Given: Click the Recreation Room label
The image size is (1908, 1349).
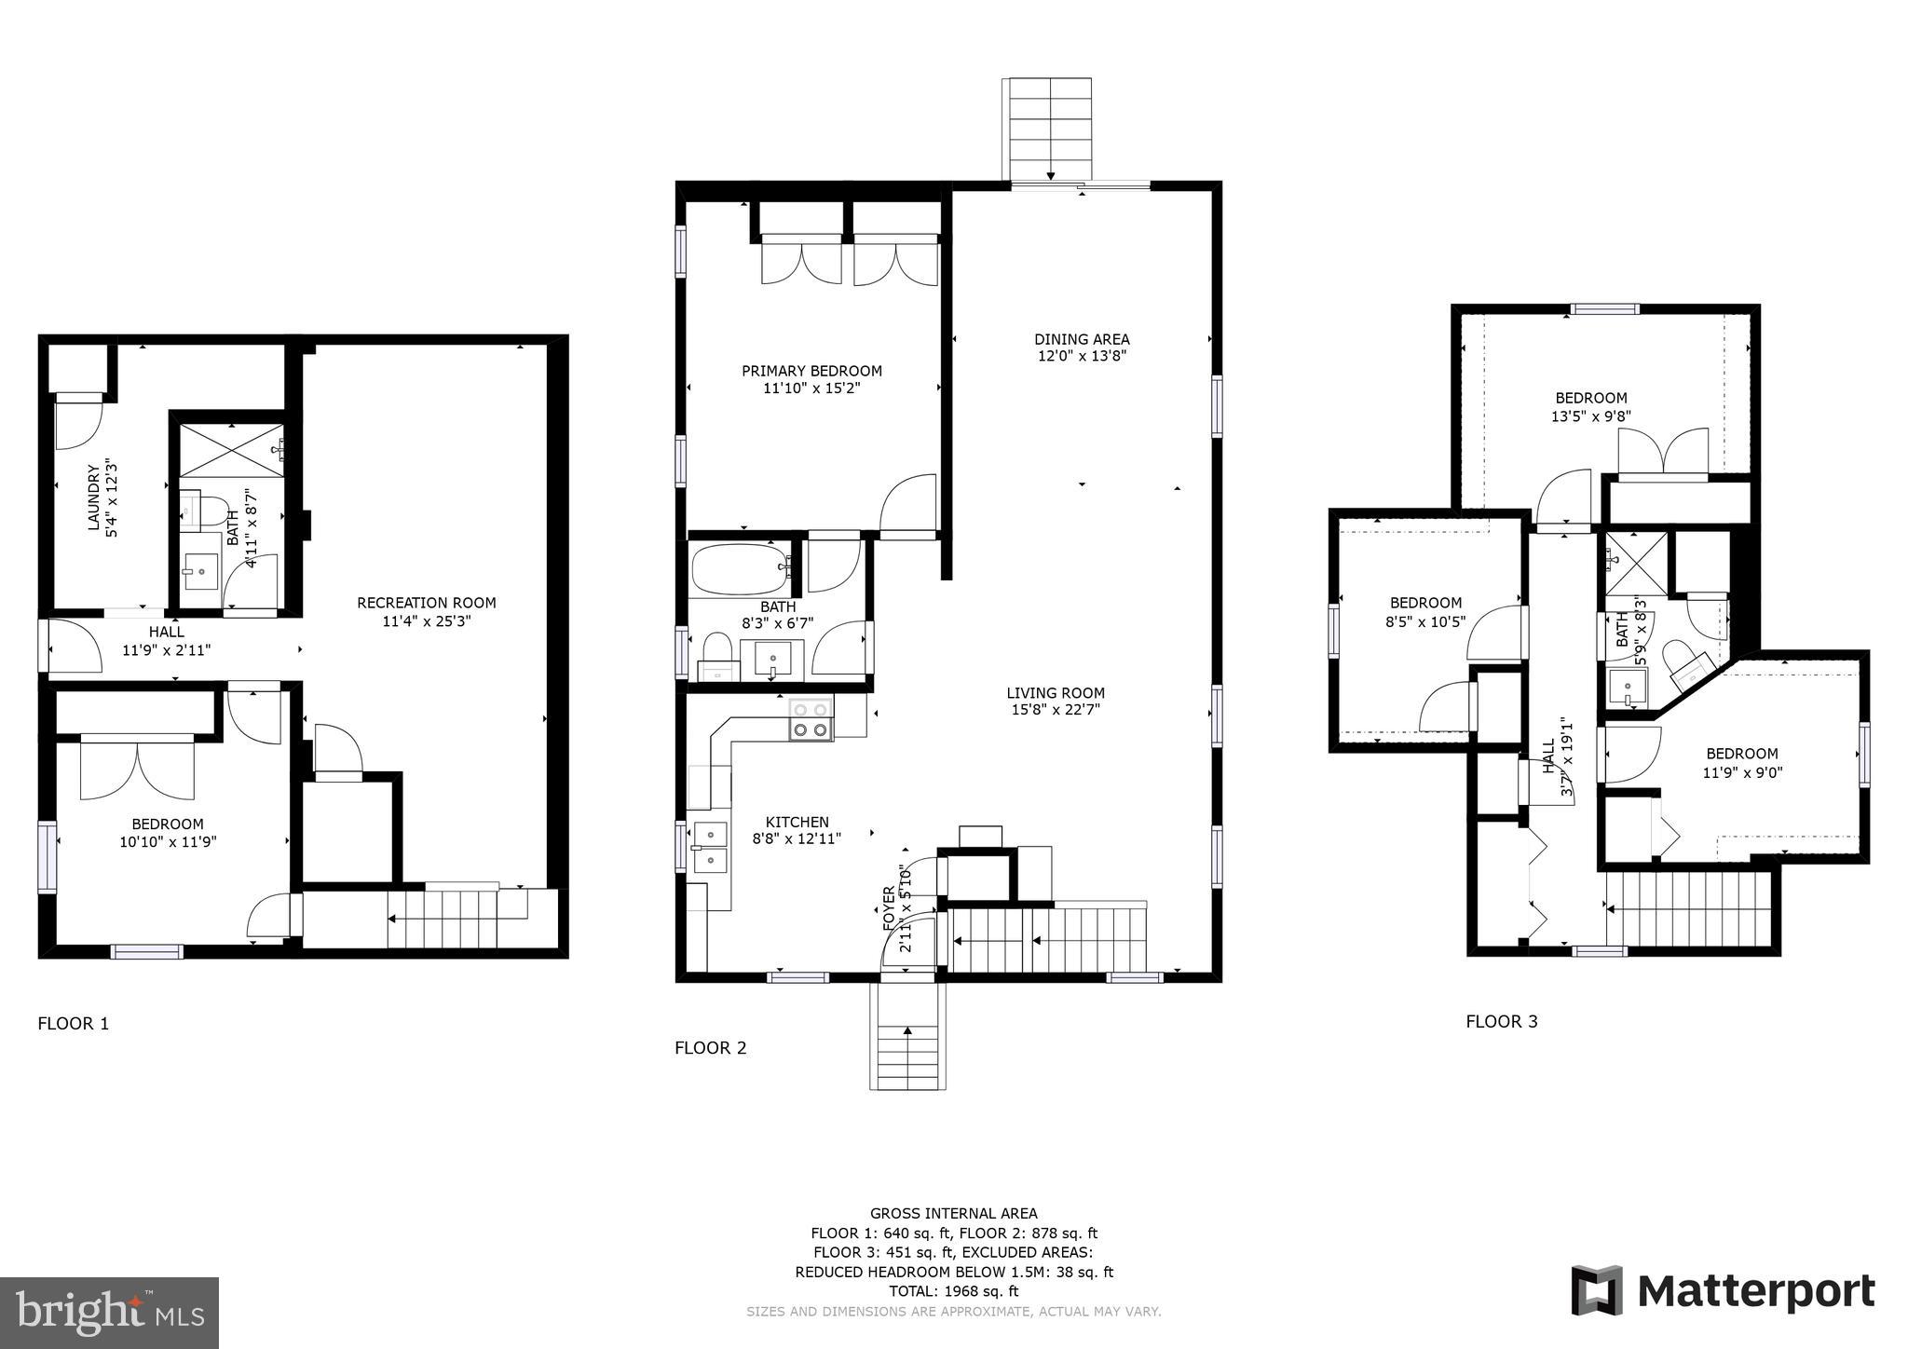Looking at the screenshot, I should coord(427,603).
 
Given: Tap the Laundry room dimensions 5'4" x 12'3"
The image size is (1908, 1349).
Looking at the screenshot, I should coord(113,498).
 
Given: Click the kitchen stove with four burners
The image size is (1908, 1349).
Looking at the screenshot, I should coord(811,719).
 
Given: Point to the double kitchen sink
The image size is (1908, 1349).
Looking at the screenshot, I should coord(709,846).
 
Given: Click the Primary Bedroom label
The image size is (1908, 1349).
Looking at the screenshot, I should coord(811,371).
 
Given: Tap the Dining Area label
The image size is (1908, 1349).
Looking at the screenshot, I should coord(1082,339).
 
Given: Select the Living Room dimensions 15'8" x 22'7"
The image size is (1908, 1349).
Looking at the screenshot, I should coord(1056,710).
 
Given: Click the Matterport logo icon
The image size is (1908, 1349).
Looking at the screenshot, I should coord(1597,1290).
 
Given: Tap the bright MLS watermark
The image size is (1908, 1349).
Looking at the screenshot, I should coord(110,1313).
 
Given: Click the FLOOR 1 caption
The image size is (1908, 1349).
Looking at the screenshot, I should coord(74,1024).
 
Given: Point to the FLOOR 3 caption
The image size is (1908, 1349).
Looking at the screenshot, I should coord(1502,1021).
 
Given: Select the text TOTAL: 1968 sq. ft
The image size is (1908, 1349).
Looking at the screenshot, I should coord(953,1291).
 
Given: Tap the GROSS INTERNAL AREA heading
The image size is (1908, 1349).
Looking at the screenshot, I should coord(953,1213).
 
